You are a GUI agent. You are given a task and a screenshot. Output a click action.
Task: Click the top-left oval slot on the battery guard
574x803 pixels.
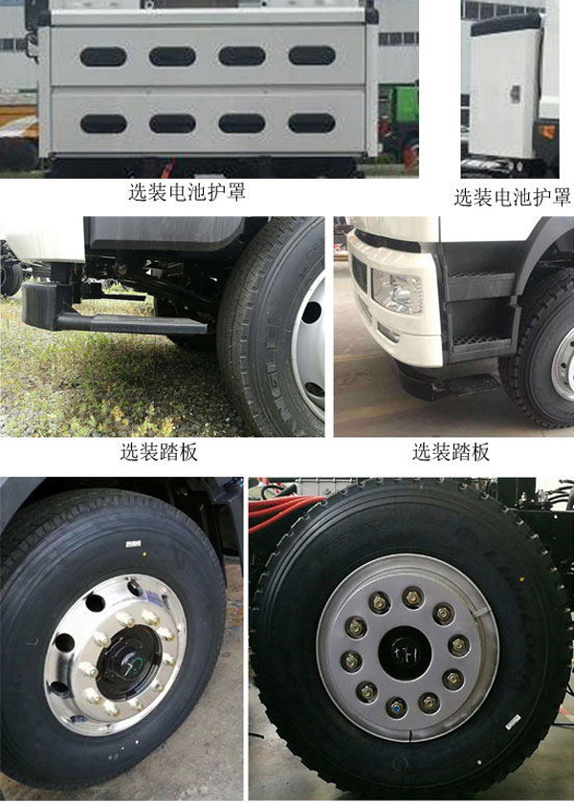(x=103, y=56)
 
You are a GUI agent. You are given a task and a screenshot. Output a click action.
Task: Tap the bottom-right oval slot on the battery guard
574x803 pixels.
(x=312, y=123)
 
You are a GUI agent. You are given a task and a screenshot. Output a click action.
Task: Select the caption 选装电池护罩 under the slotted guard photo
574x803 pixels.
(x=188, y=191)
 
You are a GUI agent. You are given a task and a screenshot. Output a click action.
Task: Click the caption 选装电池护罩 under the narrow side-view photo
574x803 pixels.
(x=512, y=197)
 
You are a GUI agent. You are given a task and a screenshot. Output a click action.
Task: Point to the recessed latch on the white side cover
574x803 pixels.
(x=515, y=93)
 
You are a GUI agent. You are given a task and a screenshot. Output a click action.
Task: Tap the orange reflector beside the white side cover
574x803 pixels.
(x=548, y=132)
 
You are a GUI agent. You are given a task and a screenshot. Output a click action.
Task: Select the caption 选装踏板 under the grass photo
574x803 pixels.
(x=159, y=451)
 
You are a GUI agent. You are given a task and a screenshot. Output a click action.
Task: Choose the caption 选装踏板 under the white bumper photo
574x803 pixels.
(x=451, y=451)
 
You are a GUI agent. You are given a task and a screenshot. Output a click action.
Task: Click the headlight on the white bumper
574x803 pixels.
(x=397, y=293)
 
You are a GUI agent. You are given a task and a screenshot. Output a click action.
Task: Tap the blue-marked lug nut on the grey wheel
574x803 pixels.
(x=395, y=708)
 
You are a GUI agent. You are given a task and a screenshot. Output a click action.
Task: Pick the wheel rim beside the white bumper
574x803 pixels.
(x=563, y=363)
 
